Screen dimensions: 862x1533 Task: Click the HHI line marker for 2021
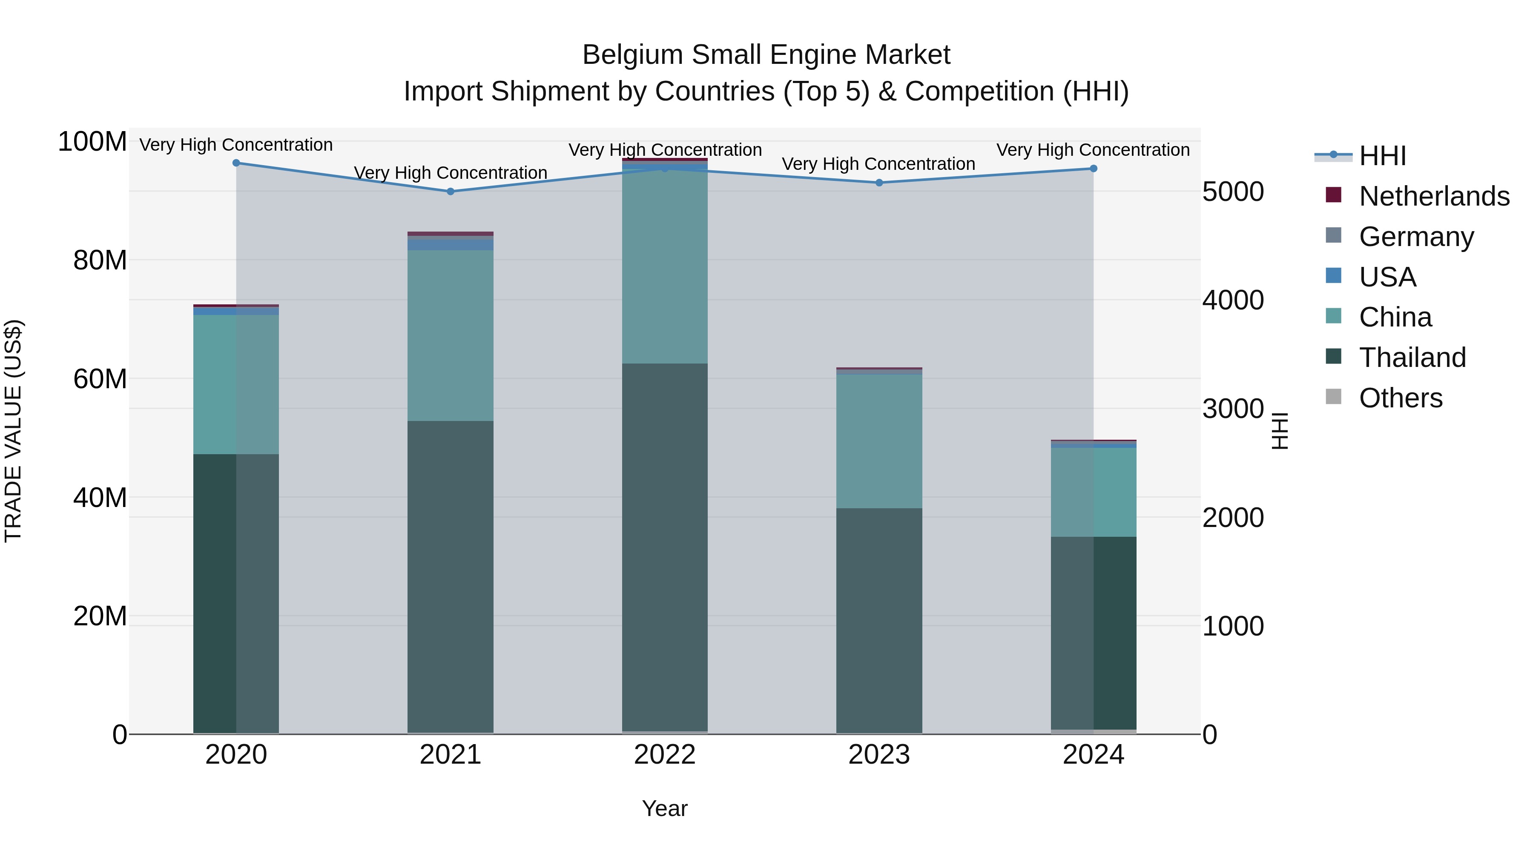451,192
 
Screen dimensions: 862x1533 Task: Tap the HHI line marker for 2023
879,183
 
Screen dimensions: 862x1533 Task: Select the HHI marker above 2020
236,163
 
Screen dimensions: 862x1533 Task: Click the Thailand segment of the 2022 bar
665,547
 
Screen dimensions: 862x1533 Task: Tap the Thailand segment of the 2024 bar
1093,633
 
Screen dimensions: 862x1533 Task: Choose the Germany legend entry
1416,237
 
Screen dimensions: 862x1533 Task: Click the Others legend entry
1400,398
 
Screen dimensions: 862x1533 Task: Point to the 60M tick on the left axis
100,379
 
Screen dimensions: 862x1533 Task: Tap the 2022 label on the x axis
665,755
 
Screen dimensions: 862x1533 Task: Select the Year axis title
665,808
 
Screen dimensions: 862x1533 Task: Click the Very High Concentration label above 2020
236,145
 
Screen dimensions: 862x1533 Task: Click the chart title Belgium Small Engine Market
766,55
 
